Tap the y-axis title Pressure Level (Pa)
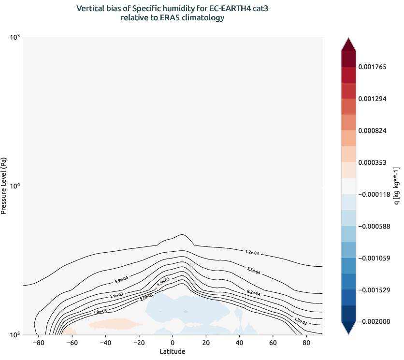(x=4, y=186)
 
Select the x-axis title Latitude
(x=173, y=351)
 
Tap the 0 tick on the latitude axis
(x=173, y=343)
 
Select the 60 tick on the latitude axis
(x=273, y=343)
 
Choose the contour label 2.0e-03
(x=146, y=297)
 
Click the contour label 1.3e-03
(x=301, y=319)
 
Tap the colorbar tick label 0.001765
(x=375, y=67)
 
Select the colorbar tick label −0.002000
(x=375, y=322)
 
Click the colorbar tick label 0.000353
(x=375, y=163)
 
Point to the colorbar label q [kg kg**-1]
(x=396, y=186)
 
